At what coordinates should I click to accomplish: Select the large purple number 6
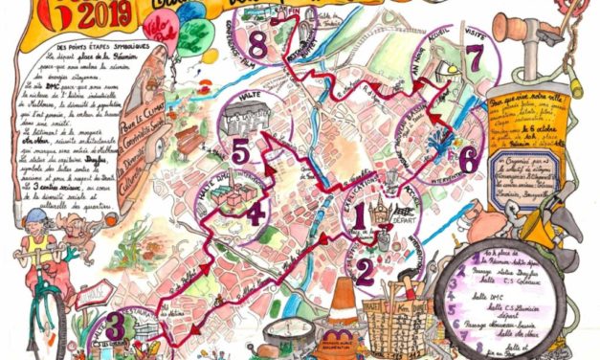(467, 158)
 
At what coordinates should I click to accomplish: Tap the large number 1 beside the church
(360, 217)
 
